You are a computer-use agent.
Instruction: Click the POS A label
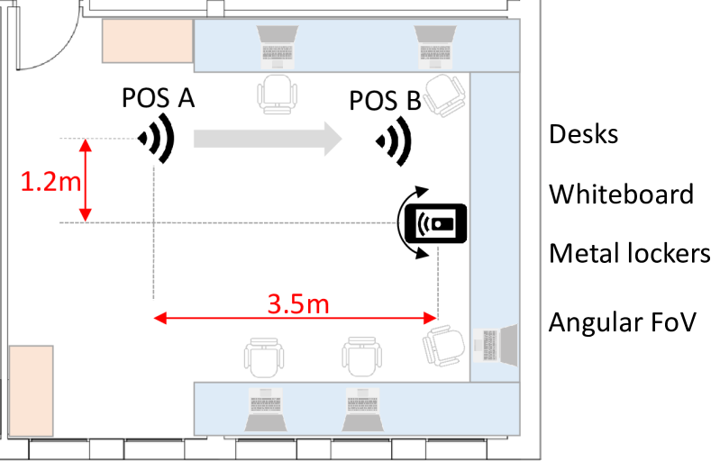(x=159, y=98)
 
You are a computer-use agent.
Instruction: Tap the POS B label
(x=386, y=101)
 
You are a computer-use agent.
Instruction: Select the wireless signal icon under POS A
(x=157, y=138)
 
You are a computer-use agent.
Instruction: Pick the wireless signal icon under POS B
(x=394, y=141)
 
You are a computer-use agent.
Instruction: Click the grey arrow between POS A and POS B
(x=268, y=139)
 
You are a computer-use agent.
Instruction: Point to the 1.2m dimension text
(x=50, y=182)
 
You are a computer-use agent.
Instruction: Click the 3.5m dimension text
(x=298, y=303)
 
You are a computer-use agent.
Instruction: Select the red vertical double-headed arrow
(x=86, y=180)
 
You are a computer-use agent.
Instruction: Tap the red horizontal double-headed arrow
(x=296, y=318)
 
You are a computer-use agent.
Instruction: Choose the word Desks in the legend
(x=584, y=134)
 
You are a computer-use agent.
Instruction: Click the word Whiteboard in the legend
(x=621, y=194)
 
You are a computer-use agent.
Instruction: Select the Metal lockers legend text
(x=629, y=253)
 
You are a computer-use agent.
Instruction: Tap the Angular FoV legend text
(x=622, y=322)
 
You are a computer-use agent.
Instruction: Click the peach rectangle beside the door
(x=148, y=41)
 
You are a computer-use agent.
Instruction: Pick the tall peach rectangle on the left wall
(x=31, y=391)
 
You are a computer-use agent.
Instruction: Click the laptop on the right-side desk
(x=495, y=345)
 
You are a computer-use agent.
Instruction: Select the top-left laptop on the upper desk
(x=277, y=47)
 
